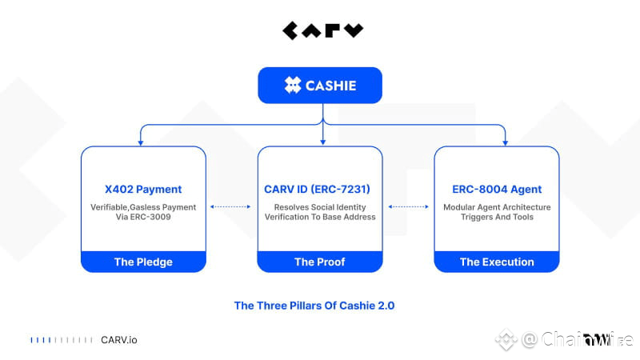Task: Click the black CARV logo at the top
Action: pyautogui.click(x=322, y=31)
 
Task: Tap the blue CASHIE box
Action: pyautogui.click(x=320, y=86)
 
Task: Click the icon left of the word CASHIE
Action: pyautogui.click(x=293, y=86)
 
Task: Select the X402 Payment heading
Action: pyautogui.click(x=143, y=190)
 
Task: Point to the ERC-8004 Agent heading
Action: pyautogui.click(x=497, y=190)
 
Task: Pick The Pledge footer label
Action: pyautogui.click(x=143, y=262)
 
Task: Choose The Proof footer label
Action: pyautogui.click(x=319, y=262)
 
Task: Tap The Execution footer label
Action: pyautogui.click(x=497, y=262)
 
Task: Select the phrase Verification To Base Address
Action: pyautogui.click(x=319, y=217)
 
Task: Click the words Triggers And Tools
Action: pyautogui.click(x=497, y=217)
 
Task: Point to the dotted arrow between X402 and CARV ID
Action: pyautogui.click(x=231, y=206)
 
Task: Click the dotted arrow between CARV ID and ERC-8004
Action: pyautogui.click(x=408, y=206)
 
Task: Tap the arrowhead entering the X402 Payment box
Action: pyautogui.click(x=142, y=142)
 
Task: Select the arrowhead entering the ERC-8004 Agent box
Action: pyautogui.click(x=506, y=142)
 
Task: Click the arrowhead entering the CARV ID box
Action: pyautogui.click(x=322, y=142)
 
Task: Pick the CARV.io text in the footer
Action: pyautogui.click(x=118, y=340)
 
